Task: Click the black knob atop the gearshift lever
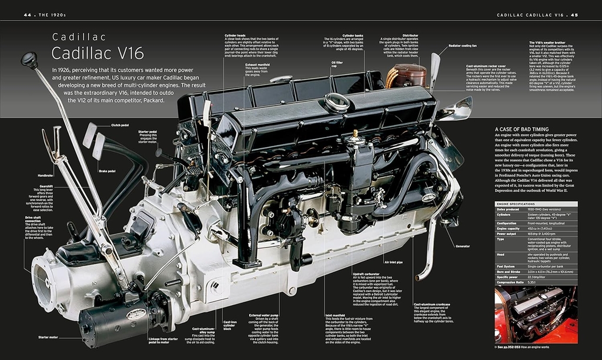(x=29, y=59)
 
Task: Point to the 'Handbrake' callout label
(x=46, y=175)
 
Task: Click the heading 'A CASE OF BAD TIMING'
(x=521, y=129)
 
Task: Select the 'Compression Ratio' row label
(x=511, y=282)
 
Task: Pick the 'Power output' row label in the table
(x=507, y=234)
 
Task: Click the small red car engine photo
(x=536, y=315)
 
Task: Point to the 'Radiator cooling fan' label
(x=462, y=45)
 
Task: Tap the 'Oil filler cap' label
(x=337, y=64)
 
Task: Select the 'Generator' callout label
(x=461, y=246)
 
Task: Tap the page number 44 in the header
(x=27, y=14)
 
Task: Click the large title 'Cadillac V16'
(x=98, y=53)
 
